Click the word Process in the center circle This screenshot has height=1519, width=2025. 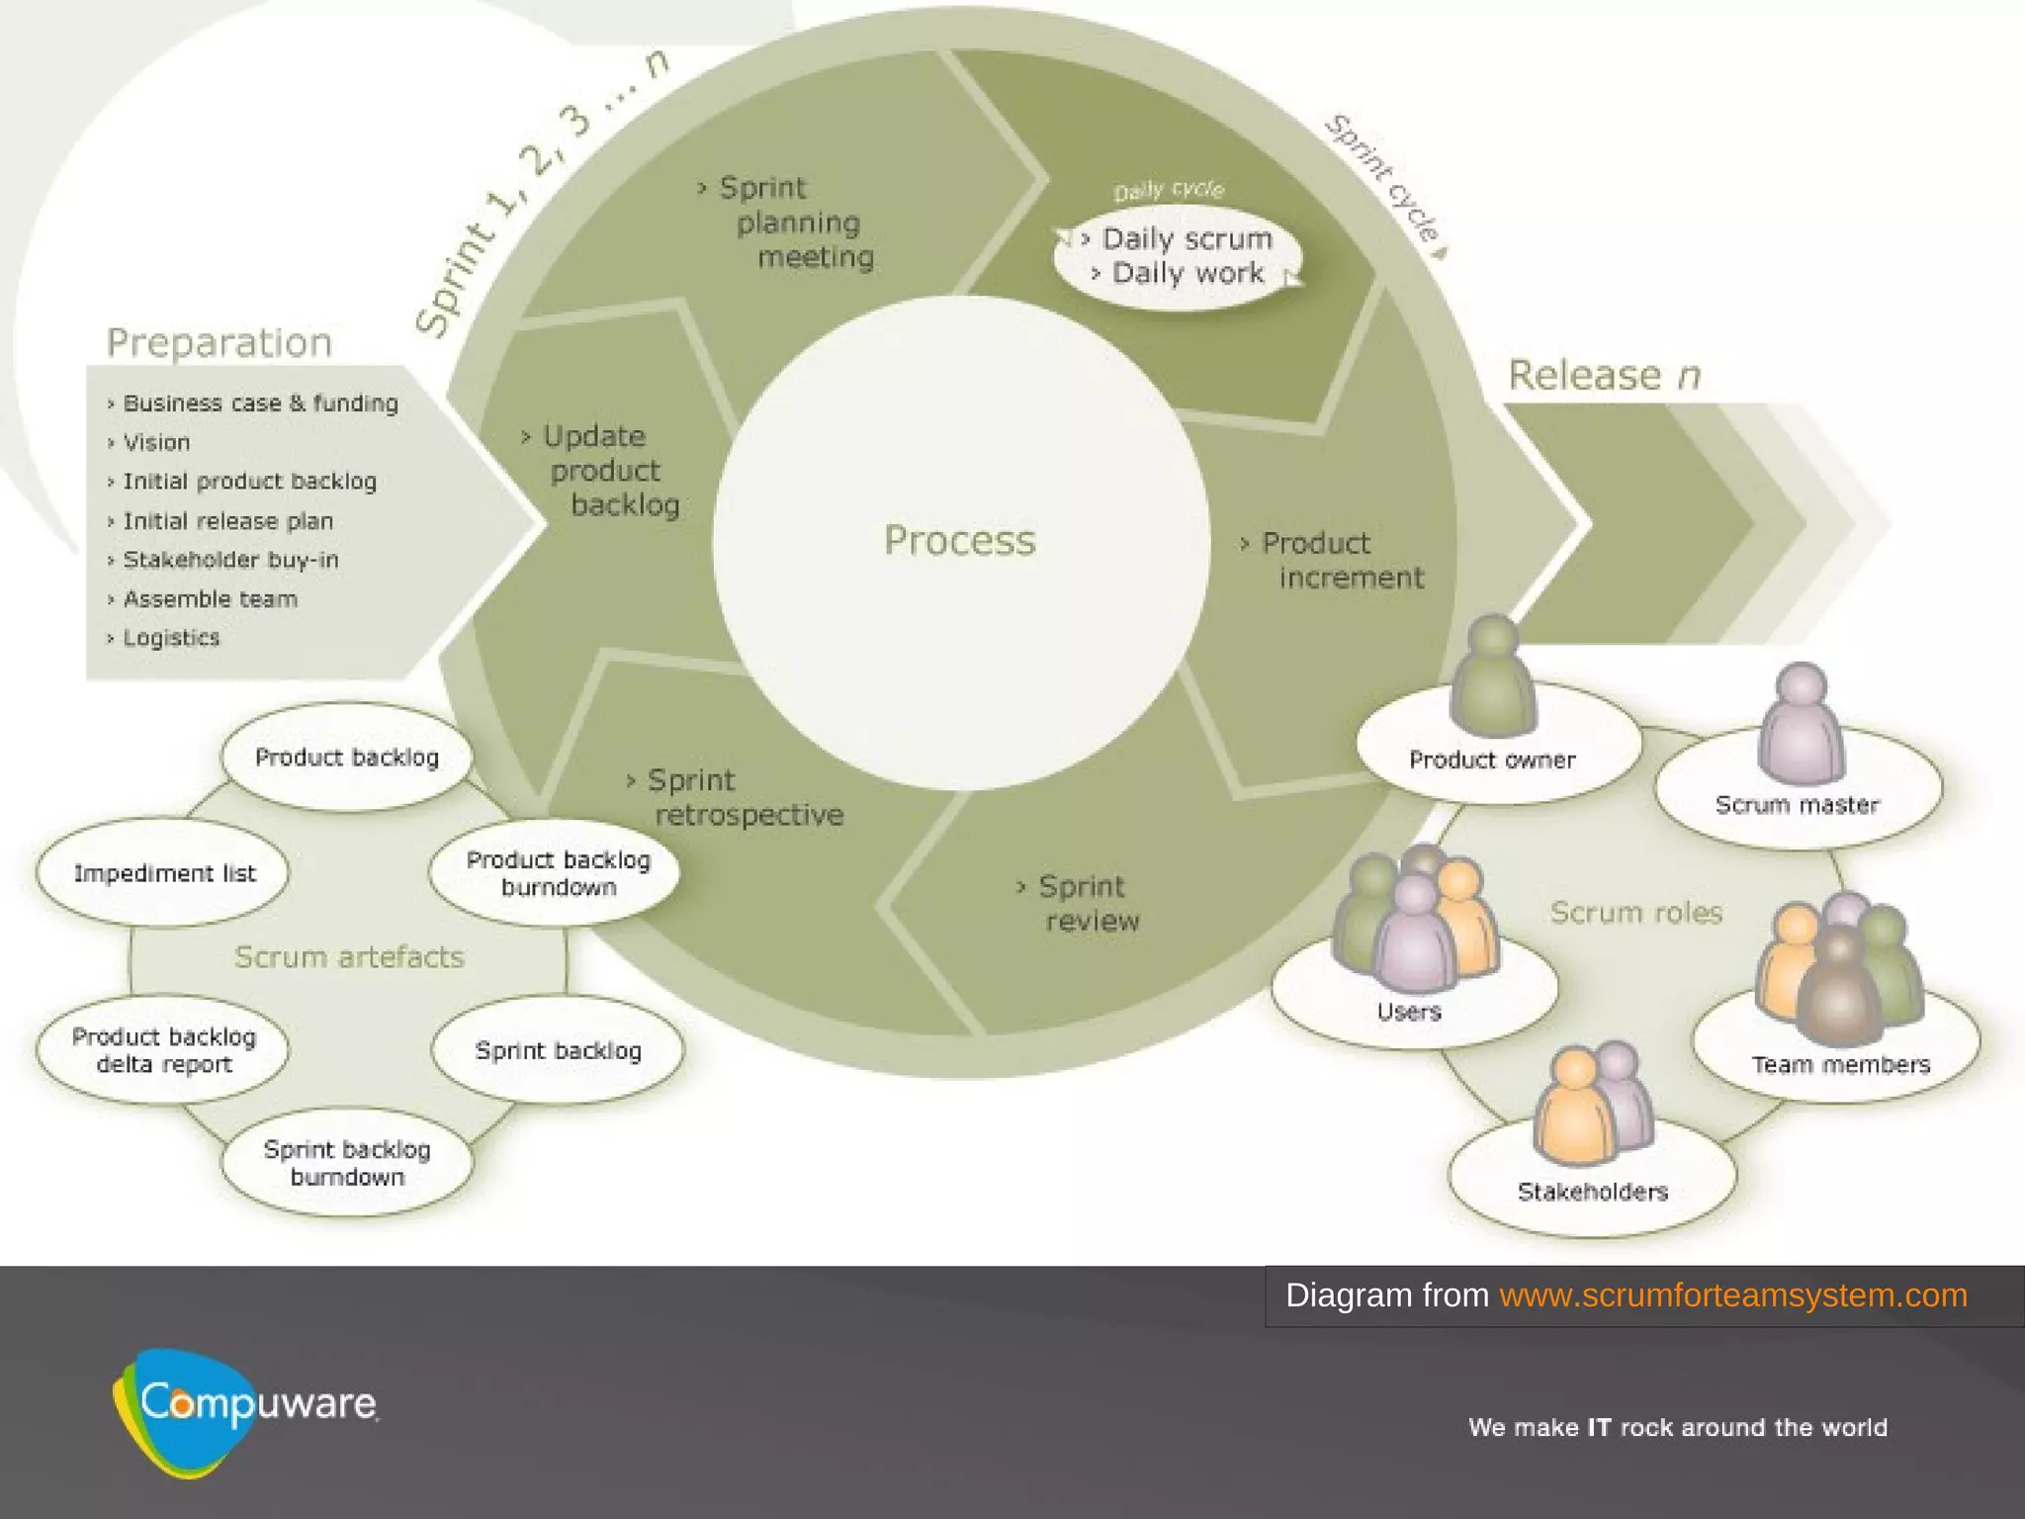coord(959,540)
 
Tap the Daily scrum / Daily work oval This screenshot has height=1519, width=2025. coord(1179,257)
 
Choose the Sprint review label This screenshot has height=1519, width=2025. coord(1084,903)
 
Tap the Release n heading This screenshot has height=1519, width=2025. coord(1603,376)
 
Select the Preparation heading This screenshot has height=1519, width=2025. coord(219,342)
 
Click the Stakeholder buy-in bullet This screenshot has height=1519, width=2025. coord(229,560)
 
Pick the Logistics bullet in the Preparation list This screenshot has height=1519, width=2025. coord(170,638)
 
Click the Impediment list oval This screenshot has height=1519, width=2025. coord(163,873)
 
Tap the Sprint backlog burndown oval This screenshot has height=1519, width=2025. coord(347,1163)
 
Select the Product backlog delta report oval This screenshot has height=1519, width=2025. coord(163,1050)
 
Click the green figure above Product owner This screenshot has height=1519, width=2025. coord(1492,677)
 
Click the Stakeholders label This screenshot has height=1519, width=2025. coord(1592,1192)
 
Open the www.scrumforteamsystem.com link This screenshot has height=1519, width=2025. coord(1732,1296)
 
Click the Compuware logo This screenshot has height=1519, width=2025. coord(247,1409)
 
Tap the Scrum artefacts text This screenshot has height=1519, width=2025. coord(349,957)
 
